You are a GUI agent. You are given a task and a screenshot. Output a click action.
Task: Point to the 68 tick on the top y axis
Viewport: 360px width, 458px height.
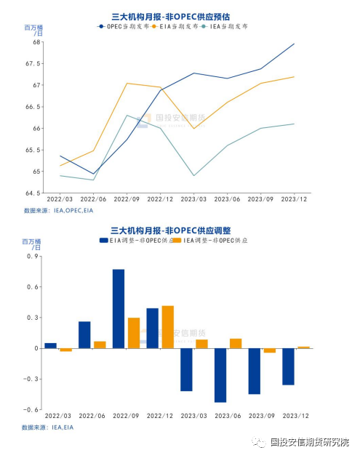pos(36,42)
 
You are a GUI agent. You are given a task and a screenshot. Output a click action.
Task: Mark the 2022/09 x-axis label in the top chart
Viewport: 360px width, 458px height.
pos(127,198)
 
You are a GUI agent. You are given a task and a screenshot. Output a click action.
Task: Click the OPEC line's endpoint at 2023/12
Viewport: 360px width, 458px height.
pos(295,44)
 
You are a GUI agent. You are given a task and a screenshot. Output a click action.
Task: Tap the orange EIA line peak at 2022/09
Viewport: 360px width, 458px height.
pos(127,83)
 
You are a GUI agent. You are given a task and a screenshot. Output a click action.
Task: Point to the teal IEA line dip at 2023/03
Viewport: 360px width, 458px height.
pos(194,175)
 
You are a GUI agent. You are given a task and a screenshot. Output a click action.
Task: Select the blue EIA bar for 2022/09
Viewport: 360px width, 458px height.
pos(119,309)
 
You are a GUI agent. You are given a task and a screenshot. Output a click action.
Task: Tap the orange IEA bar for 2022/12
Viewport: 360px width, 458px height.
pos(167,327)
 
